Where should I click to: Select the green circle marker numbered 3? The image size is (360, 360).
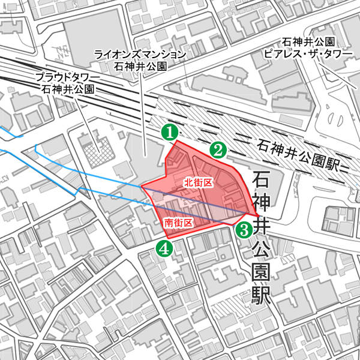click(244, 229)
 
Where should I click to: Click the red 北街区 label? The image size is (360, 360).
click(199, 182)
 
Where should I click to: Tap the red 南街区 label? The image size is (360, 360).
click(179, 223)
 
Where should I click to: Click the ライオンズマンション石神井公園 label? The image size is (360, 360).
click(140, 60)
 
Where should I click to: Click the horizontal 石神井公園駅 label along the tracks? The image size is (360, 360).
click(298, 154)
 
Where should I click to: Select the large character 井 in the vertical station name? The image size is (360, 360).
click(262, 226)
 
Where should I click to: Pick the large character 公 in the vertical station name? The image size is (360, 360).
click(262, 248)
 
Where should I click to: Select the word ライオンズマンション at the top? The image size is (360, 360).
click(140, 55)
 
